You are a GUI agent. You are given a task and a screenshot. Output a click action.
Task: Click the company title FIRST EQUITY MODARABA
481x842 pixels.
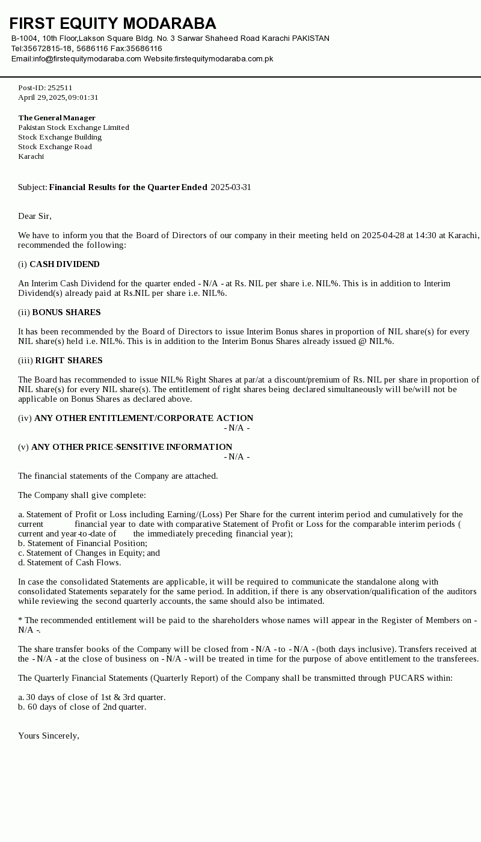(x=112, y=23)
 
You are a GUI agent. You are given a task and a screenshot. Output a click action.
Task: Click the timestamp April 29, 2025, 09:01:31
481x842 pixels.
(x=58, y=97)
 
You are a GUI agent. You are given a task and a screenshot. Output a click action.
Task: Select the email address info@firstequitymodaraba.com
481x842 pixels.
(x=87, y=59)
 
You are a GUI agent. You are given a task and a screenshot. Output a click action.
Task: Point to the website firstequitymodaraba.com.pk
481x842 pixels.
(x=224, y=59)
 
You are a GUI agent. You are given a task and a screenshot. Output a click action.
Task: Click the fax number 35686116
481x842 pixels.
(x=144, y=49)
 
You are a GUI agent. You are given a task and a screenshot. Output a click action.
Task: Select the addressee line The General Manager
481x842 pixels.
(x=57, y=118)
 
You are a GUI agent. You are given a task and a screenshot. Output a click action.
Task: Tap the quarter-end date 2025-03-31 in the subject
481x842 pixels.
(x=231, y=188)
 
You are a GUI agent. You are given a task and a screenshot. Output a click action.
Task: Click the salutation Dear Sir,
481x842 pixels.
(x=35, y=217)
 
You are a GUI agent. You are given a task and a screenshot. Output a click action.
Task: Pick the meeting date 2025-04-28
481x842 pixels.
(x=383, y=235)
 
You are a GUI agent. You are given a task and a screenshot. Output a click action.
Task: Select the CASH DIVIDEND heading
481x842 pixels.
(x=64, y=265)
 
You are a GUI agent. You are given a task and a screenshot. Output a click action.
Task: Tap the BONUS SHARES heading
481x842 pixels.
(x=66, y=313)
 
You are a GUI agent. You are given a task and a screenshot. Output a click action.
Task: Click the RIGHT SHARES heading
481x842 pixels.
(x=69, y=361)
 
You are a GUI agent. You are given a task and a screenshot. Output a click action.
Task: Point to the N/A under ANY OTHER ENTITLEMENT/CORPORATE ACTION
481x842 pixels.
(x=237, y=428)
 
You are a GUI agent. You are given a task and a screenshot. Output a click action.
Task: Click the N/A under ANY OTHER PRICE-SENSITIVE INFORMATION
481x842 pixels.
(x=237, y=457)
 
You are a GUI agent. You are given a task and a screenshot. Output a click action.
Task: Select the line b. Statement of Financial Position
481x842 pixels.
(x=82, y=544)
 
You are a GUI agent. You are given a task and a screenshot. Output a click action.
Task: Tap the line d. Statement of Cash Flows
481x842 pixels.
(x=69, y=563)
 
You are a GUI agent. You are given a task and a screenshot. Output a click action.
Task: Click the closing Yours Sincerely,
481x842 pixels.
(x=49, y=736)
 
